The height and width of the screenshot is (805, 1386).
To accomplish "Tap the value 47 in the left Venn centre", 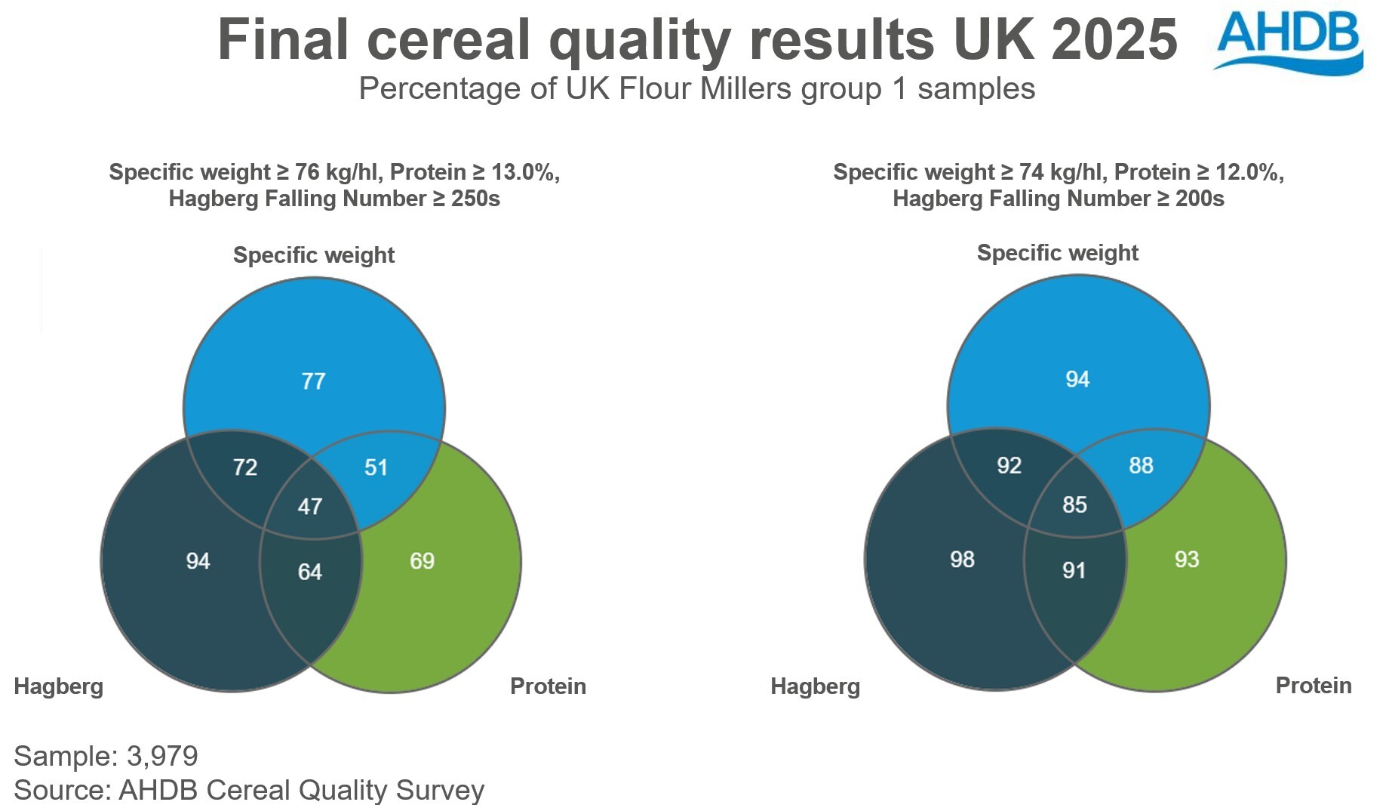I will (310, 506).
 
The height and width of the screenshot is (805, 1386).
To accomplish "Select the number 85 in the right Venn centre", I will (1074, 504).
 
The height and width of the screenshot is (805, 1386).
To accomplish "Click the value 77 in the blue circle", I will (313, 381).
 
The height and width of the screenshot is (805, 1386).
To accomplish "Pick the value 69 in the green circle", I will (422, 561).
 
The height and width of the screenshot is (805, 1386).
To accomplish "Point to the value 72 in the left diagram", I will (245, 467).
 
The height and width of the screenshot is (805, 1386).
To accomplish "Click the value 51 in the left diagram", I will (376, 467).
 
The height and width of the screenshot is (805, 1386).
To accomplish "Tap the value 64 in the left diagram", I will (310, 572).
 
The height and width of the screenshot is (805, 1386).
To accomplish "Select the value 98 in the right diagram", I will (962, 560).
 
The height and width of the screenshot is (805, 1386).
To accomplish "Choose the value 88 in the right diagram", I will (1141, 465).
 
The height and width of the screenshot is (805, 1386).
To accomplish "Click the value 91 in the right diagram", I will (1074, 570).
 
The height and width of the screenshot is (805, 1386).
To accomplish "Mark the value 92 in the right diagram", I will (1009, 465).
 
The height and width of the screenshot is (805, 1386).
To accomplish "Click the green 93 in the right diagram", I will (1187, 560).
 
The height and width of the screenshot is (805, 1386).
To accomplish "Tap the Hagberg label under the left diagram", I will (59, 686).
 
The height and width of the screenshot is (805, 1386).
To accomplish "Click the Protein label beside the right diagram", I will (1313, 686).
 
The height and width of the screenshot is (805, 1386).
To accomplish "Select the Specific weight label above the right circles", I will (1057, 253).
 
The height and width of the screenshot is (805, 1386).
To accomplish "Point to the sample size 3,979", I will (162, 756).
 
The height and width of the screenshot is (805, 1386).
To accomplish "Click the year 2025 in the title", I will (1114, 39).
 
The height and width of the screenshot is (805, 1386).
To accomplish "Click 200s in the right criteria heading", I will (1200, 199).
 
